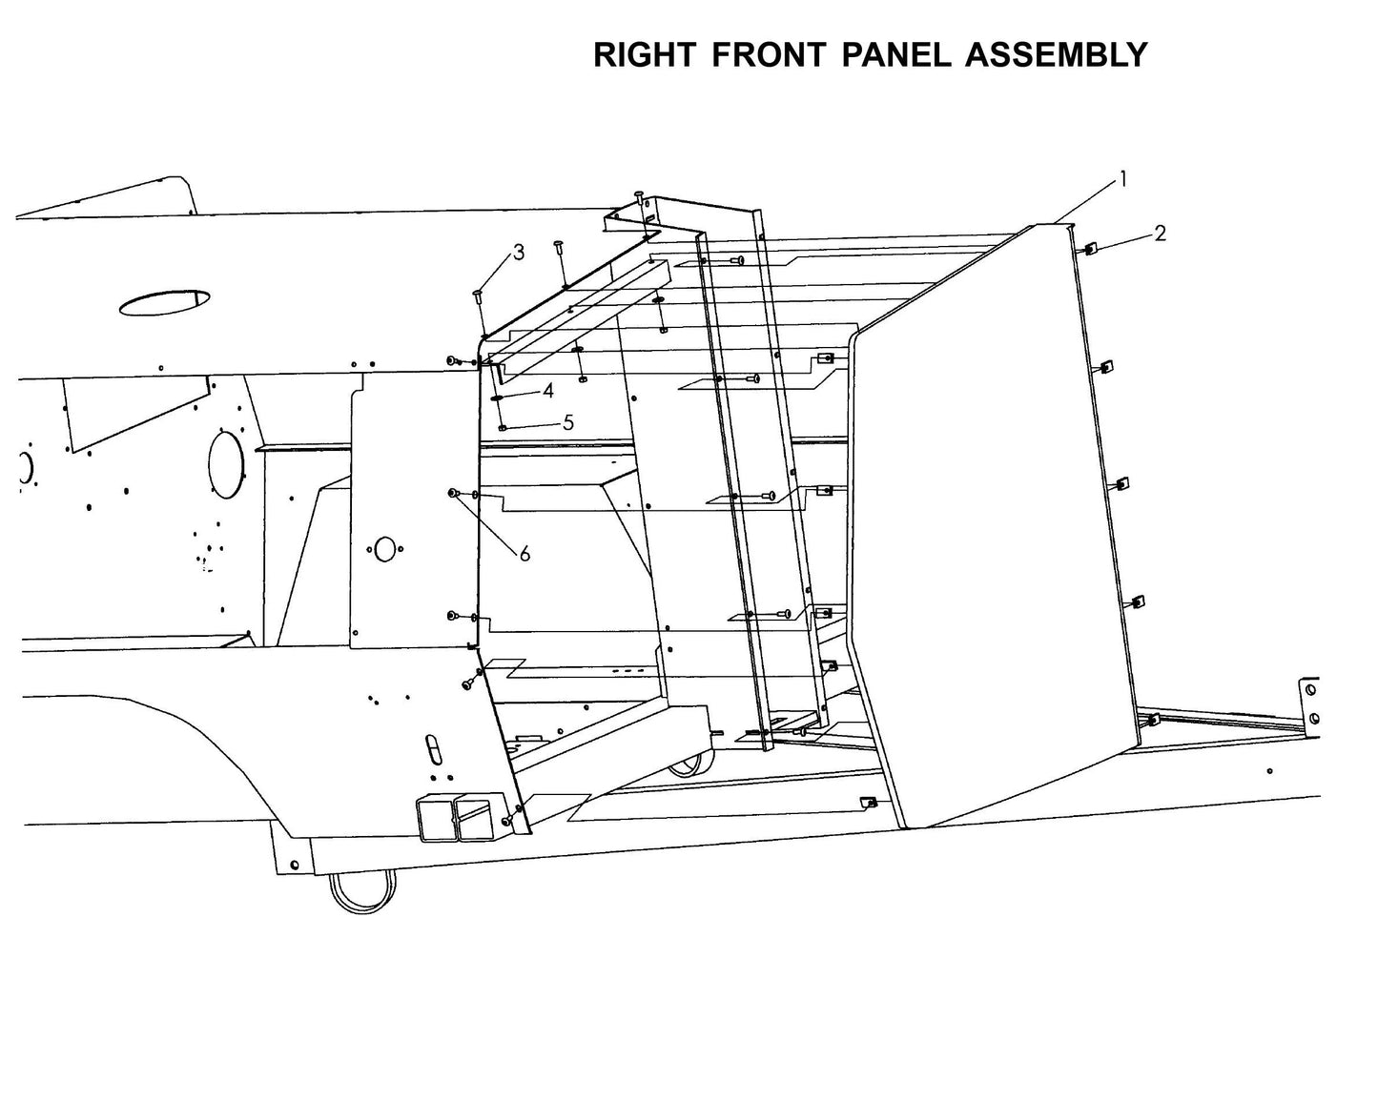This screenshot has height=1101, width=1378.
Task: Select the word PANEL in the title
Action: click(x=895, y=55)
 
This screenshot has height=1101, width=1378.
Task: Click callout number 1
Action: click(x=1123, y=178)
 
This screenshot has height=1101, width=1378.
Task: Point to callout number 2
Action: click(x=1160, y=234)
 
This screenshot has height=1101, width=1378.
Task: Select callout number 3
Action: click(x=519, y=253)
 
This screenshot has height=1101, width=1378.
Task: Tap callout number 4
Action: click(x=548, y=391)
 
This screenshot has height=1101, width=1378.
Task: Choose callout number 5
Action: click(x=568, y=422)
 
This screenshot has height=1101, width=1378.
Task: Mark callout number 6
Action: click(x=524, y=554)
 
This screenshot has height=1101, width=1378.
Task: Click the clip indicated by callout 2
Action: click(x=1090, y=249)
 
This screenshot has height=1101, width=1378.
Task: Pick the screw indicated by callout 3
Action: click(x=478, y=296)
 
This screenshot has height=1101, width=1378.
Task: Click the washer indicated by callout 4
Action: click(x=499, y=398)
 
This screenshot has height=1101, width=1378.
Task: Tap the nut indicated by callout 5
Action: click(x=503, y=428)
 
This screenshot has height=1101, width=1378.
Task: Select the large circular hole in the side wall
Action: click(x=225, y=464)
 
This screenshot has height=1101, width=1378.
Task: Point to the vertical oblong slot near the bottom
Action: click(x=432, y=747)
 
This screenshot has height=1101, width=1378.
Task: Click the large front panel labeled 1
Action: click(x=992, y=534)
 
